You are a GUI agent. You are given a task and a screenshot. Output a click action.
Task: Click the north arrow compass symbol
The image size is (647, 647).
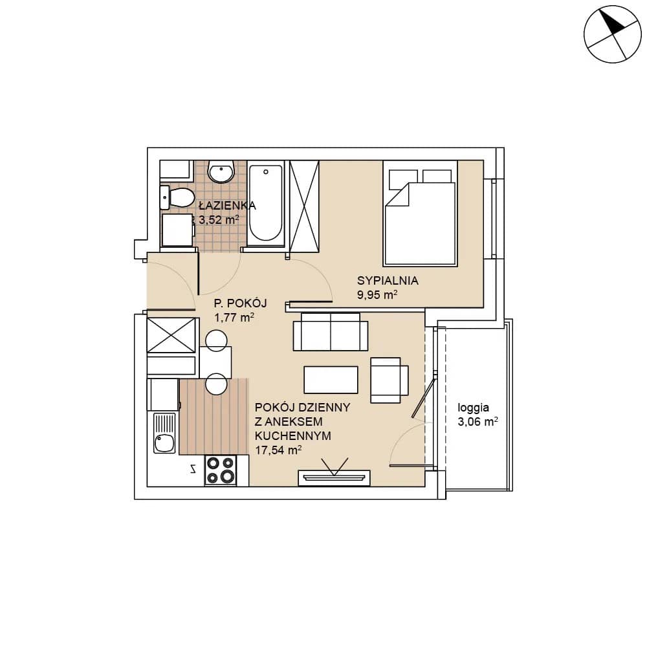tap(612, 34)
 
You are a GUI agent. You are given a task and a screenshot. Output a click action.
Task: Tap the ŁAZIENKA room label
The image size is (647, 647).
tap(227, 205)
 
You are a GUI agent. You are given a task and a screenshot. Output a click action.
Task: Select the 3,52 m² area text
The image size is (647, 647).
tap(219, 219)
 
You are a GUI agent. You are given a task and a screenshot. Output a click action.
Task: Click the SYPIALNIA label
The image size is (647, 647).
tap(388, 281)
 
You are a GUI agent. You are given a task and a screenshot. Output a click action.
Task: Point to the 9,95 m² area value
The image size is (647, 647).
tap(377, 294)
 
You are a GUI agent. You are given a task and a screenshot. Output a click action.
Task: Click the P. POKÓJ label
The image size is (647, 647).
tap(240, 303)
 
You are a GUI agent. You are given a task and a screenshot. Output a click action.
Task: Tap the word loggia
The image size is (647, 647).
tap(473, 408)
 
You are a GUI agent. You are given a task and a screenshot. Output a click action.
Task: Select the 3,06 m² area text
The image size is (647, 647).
tap(477, 422)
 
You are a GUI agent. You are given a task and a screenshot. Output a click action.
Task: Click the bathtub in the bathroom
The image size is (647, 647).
tap(266, 203)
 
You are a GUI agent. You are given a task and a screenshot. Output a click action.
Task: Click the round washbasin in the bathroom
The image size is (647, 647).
tap(221, 171)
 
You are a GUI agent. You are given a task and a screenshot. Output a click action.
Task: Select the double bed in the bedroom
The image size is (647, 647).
tap(420, 213)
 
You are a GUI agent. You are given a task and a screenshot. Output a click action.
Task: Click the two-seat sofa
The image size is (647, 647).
tap(331, 332)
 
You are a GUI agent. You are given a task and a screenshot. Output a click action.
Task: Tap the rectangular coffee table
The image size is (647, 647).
tap(331, 380)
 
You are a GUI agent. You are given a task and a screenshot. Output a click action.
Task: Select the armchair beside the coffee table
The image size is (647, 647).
tap(389, 380)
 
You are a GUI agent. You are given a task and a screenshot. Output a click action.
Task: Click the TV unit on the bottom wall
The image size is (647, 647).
tap(334, 478)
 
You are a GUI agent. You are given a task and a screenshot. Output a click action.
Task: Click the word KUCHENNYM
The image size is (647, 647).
tap(293, 435)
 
